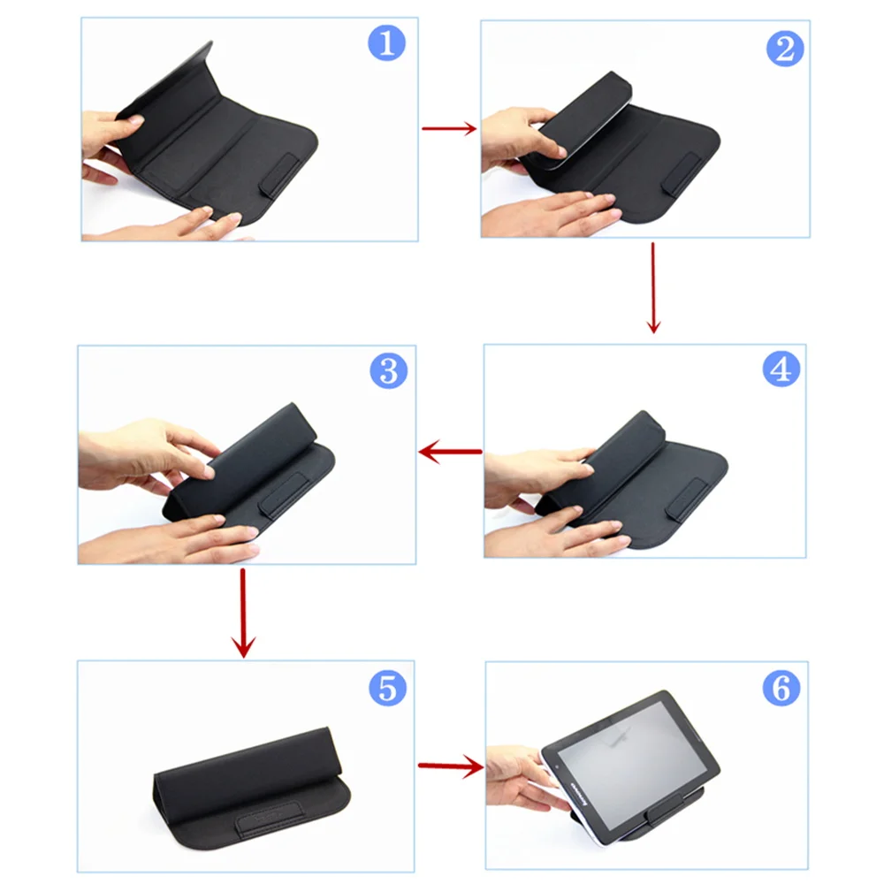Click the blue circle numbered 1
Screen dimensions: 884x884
tap(385, 42)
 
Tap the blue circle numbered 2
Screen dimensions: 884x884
tap(784, 49)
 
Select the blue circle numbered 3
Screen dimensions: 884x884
tap(388, 370)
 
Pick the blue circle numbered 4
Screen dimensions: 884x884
tap(781, 369)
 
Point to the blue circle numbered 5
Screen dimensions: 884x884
tap(386, 686)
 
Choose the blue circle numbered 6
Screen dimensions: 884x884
tap(781, 688)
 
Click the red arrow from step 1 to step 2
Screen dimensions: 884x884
tap(449, 129)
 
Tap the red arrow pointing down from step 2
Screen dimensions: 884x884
tap(653, 288)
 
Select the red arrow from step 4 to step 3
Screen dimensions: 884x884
tap(450, 453)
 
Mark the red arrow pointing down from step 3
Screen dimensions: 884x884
tap(243, 613)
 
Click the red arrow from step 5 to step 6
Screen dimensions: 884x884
tap(450, 766)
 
